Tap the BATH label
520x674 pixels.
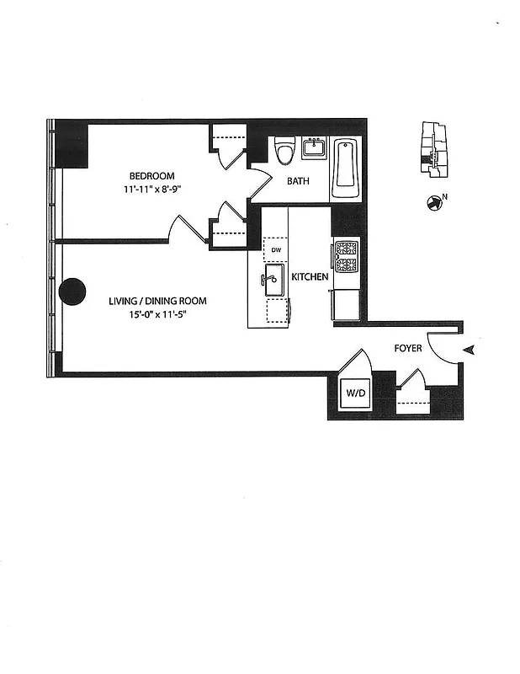tap(299, 181)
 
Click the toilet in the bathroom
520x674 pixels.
tap(284, 152)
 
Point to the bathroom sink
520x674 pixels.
tap(314, 149)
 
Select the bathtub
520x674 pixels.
tap(345, 168)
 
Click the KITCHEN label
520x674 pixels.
tap(310, 276)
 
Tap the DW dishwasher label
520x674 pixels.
tap(275, 250)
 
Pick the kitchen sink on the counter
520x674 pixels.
tap(275, 280)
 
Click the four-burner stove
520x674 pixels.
tap(347, 256)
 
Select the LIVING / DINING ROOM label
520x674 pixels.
tap(157, 301)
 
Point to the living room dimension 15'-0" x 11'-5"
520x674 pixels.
tap(157, 315)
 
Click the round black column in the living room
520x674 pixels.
tap(72, 292)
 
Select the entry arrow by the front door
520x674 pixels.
tap(470, 349)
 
